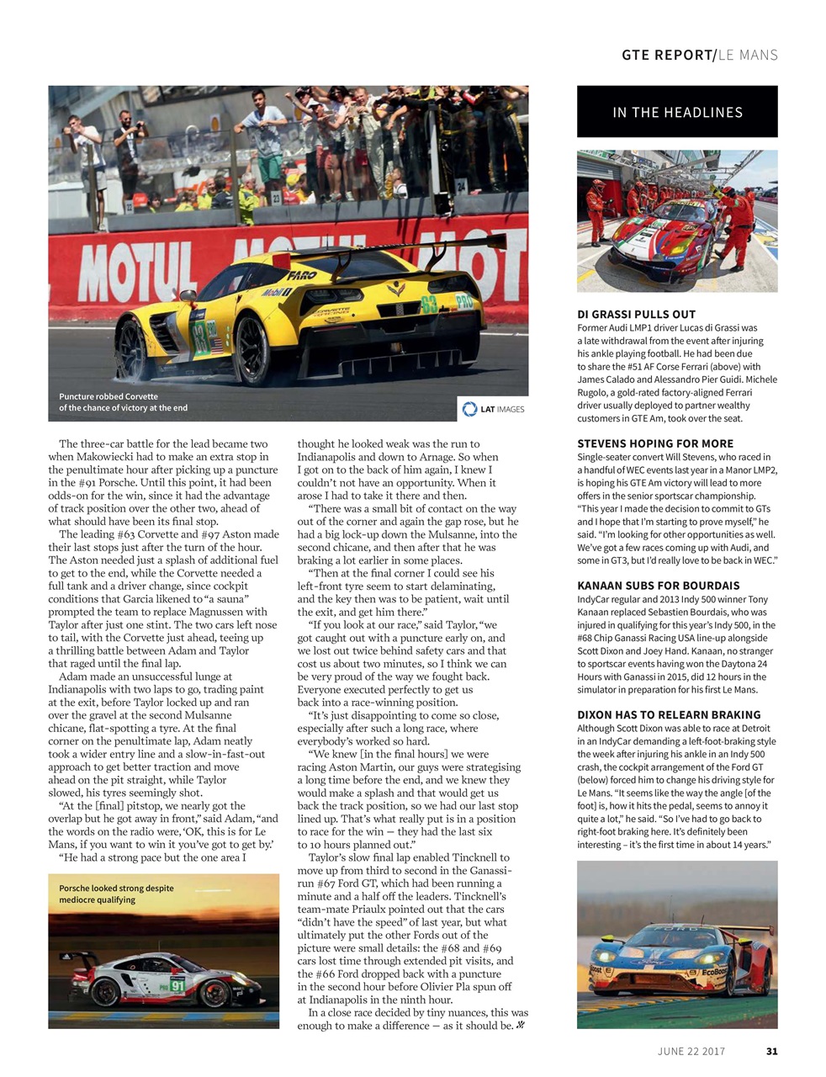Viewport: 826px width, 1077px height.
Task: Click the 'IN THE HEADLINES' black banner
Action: (x=677, y=112)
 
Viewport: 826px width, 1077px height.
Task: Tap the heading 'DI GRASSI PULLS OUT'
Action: (x=637, y=314)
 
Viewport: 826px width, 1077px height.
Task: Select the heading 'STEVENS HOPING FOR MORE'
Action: (x=655, y=443)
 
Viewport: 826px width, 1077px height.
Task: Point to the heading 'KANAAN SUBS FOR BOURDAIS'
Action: (x=659, y=586)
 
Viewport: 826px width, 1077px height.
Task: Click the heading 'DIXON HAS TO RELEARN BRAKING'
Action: (x=669, y=715)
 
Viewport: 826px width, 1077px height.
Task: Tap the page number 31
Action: (x=772, y=1051)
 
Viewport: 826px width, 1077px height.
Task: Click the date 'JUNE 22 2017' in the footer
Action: (x=691, y=1051)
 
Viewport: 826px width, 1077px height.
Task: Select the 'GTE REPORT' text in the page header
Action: (x=667, y=56)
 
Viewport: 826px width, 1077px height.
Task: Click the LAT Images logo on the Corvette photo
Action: (x=494, y=409)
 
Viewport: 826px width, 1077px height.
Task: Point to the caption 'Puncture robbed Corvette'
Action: (x=109, y=396)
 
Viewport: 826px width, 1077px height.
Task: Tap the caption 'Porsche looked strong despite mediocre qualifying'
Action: (x=116, y=894)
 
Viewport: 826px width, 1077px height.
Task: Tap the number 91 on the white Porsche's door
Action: (x=177, y=985)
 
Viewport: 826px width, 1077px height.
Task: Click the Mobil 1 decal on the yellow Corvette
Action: (x=276, y=292)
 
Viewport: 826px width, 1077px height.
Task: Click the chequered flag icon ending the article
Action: (x=520, y=1026)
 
